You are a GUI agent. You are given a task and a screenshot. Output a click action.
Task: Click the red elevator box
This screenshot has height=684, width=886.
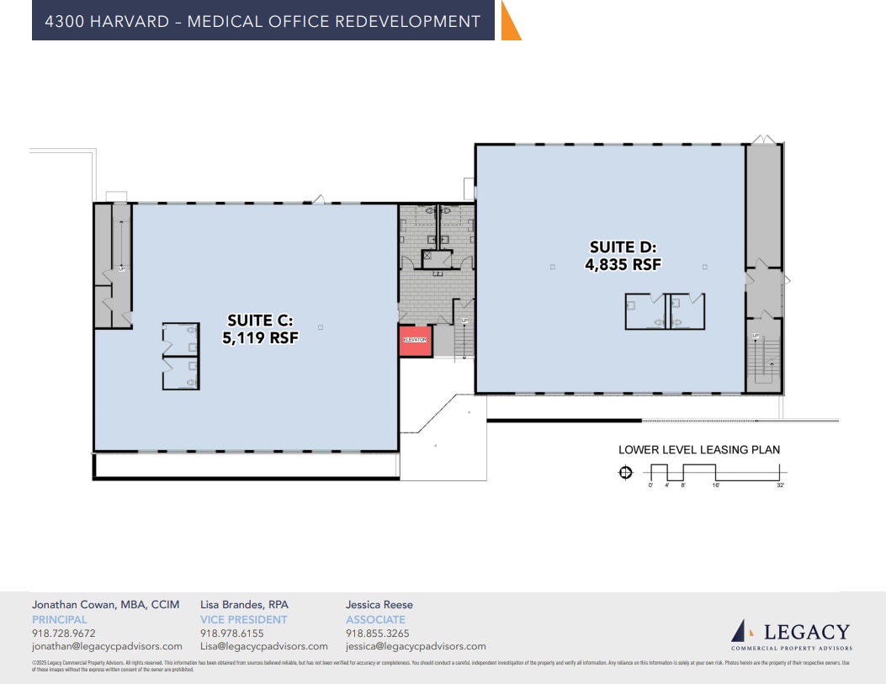[414, 341]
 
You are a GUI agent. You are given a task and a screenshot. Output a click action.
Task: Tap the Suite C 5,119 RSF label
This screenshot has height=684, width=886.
[263, 329]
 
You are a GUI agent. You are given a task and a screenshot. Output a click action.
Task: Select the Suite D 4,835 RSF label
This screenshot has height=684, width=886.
[623, 256]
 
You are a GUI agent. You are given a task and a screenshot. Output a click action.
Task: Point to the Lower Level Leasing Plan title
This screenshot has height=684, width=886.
[698, 450]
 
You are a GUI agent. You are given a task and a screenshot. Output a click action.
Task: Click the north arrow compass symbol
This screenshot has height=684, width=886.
[625, 473]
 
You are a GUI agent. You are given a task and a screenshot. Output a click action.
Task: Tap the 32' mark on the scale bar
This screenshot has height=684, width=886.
[781, 486]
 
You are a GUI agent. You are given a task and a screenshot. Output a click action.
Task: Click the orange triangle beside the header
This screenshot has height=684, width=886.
[509, 21]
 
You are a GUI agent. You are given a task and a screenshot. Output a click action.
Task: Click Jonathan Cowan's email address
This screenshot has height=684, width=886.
[107, 646]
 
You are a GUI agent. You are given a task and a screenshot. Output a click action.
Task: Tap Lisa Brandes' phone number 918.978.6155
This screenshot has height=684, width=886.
[231, 634]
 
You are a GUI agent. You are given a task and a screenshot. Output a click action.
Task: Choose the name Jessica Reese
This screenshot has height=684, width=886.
[379, 604]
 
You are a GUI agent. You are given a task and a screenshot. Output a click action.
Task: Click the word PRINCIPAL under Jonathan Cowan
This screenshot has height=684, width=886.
[59, 619]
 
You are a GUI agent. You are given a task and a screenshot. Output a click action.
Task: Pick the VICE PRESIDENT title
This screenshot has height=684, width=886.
[243, 619]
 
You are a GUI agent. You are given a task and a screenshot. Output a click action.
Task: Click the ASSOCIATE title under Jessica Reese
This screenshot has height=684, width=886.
[375, 619]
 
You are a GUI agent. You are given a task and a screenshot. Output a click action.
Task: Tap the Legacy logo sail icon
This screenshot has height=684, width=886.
[740, 630]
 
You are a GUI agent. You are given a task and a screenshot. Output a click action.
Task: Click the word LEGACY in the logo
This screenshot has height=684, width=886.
[806, 632]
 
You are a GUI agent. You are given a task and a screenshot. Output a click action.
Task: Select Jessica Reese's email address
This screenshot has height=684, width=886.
[416, 646]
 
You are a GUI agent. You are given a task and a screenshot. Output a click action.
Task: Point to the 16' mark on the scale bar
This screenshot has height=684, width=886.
[716, 486]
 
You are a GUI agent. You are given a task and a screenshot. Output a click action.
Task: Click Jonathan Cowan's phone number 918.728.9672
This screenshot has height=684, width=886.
[63, 634]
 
